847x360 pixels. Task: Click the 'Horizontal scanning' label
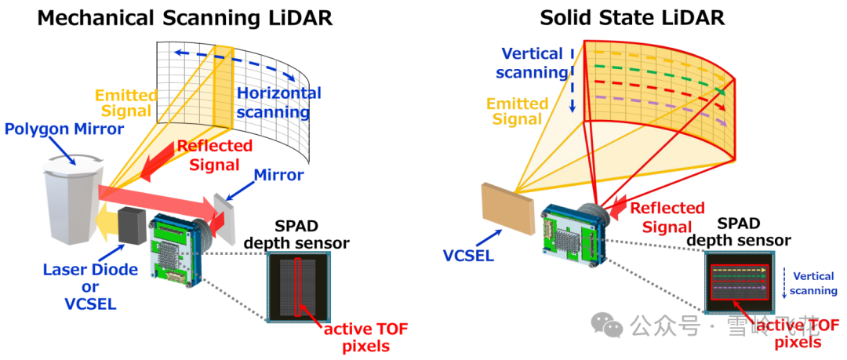tap(279, 103)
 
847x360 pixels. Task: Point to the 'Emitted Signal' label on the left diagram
tap(125, 104)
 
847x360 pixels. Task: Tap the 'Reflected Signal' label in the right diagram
tap(667, 217)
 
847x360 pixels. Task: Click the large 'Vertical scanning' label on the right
tap(533, 64)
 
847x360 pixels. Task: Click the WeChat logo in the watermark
tap(605, 323)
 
